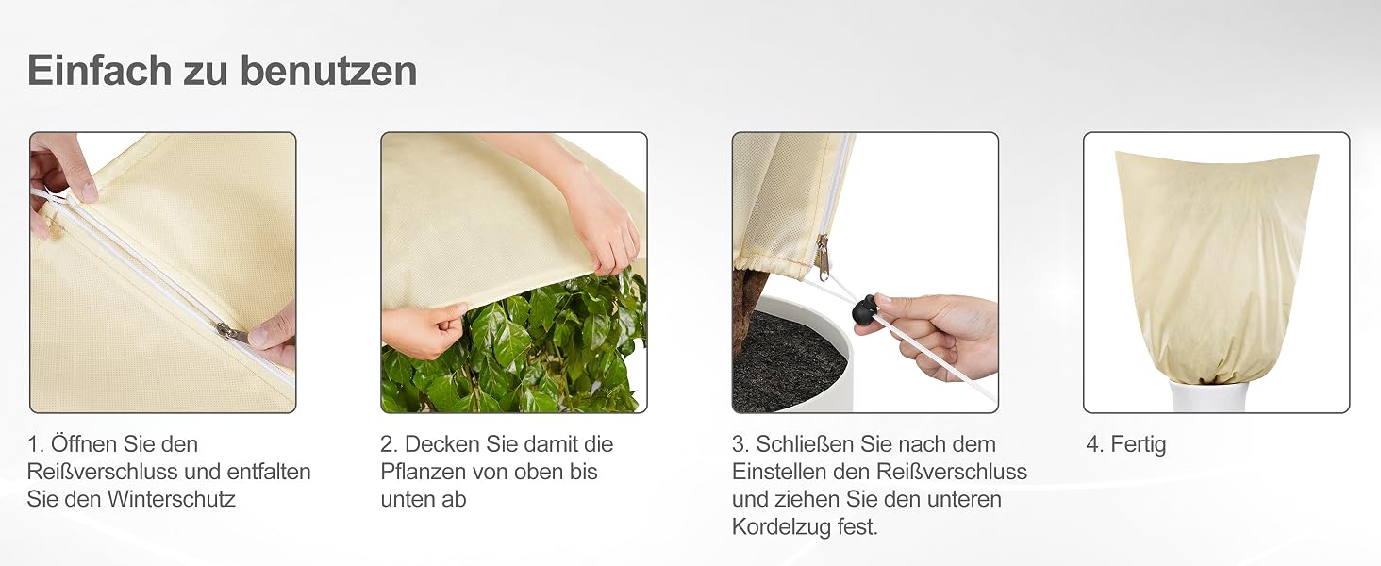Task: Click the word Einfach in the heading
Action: pyautogui.click(x=100, y=71)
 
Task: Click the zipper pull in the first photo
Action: pyautogui.click(x=232, y=332)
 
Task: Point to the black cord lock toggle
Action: pyautogui.click(x=862, y=308)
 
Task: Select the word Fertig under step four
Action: pyautogui.click(x=1138, y=444)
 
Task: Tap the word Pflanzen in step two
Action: pyautogui.click(x=423, y=472)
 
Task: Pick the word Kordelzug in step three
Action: pyautogui.click(x=780, y=527)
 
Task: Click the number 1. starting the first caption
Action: pyautogui.click(x=36, y=444)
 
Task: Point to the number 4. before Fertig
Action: pyautogui.click(x=1095, y=444)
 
